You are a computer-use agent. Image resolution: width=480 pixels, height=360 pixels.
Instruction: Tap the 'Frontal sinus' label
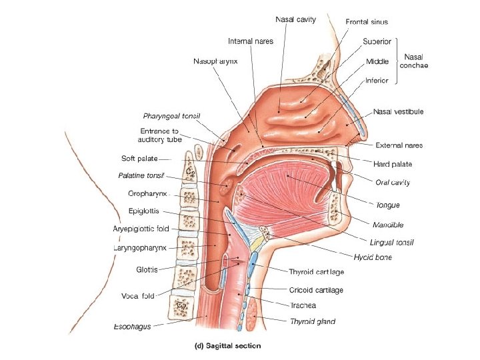(x=367, y=22)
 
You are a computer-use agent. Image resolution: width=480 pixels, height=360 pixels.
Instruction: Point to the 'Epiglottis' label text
(x=144, y=211)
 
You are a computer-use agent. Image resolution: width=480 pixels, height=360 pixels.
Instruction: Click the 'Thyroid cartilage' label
(x=317, y=272)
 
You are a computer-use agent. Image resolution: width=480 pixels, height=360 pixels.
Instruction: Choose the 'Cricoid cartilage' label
(x=316, y=290)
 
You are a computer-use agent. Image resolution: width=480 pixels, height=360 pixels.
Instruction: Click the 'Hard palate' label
(x=393, y=163)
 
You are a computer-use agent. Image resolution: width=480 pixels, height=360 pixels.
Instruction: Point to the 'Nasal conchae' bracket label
(x=414, y=61)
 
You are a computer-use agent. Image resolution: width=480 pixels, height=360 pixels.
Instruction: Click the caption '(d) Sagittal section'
(x=227, y=345)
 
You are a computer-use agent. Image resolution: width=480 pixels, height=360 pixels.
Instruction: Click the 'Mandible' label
(x=389, y=225)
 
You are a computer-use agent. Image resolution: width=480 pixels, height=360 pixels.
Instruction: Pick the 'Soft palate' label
(x=139, y=159)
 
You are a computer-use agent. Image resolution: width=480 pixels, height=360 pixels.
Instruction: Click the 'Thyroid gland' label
(x=313, y=321)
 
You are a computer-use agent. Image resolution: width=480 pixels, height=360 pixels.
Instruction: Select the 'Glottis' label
(x=147, y=270)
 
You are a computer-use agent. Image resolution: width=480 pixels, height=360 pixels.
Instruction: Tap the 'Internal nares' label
(x=250, y=41)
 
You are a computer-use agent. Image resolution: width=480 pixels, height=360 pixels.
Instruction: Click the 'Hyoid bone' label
(x=373, y=256)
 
